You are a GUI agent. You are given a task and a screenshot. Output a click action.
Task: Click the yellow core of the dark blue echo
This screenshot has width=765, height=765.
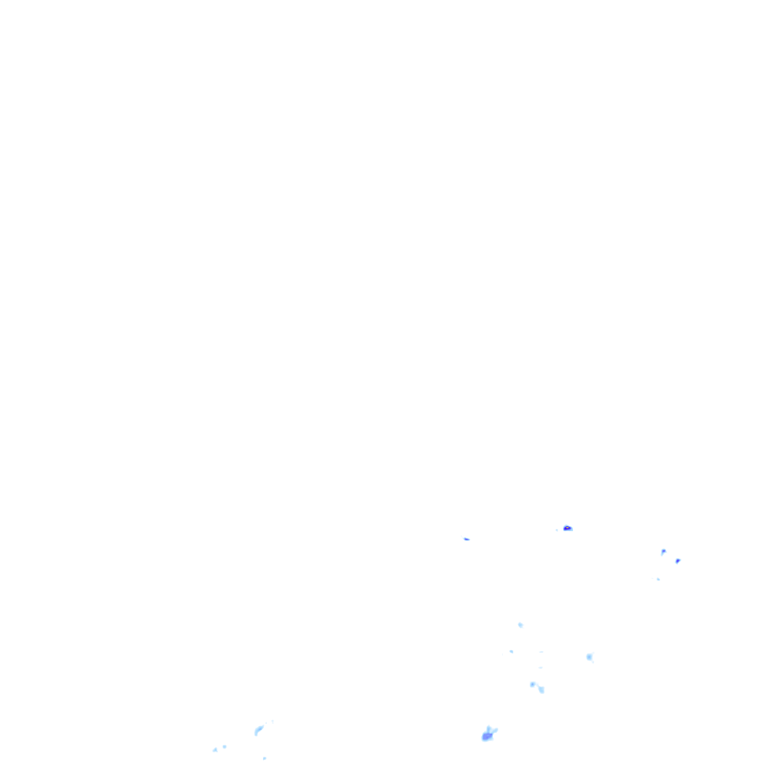567,528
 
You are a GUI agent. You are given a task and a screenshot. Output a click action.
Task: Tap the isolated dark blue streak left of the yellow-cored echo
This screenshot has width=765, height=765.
466,539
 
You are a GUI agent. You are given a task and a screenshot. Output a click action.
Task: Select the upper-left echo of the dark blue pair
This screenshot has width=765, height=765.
663,552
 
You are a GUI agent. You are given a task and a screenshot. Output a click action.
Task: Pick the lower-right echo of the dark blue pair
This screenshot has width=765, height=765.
678,560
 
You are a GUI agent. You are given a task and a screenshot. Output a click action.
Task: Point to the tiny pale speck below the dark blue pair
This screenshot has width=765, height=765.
658,579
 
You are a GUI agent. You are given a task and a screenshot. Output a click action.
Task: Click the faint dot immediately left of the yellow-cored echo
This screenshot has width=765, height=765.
557,530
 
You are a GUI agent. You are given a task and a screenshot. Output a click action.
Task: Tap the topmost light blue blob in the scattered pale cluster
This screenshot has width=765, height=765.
520,625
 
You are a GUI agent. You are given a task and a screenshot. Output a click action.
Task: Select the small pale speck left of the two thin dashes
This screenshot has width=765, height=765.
511,651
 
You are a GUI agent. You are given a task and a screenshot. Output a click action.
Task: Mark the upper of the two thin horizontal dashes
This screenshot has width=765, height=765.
541,651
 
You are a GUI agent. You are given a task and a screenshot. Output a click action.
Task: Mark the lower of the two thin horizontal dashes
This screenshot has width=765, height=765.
540,667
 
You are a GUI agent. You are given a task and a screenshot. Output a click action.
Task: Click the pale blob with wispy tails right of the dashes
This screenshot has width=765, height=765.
589,657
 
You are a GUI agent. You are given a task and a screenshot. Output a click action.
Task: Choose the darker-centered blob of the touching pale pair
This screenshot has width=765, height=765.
533,684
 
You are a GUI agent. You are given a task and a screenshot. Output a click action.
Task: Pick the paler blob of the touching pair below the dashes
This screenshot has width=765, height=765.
541,690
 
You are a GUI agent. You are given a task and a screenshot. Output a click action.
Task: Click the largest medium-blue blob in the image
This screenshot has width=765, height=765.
487,737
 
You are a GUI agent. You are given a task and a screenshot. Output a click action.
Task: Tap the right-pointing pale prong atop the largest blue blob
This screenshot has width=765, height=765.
494,730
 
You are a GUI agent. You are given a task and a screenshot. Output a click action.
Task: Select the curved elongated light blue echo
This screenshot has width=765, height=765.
258,729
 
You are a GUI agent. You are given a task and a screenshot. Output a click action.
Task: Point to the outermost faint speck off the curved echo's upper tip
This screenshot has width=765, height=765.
273,721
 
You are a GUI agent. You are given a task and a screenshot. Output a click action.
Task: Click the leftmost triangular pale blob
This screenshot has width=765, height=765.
215,749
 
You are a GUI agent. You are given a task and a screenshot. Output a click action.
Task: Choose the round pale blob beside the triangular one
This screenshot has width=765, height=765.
224,746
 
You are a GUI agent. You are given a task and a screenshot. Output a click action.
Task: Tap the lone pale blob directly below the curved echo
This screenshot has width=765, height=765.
264,758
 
